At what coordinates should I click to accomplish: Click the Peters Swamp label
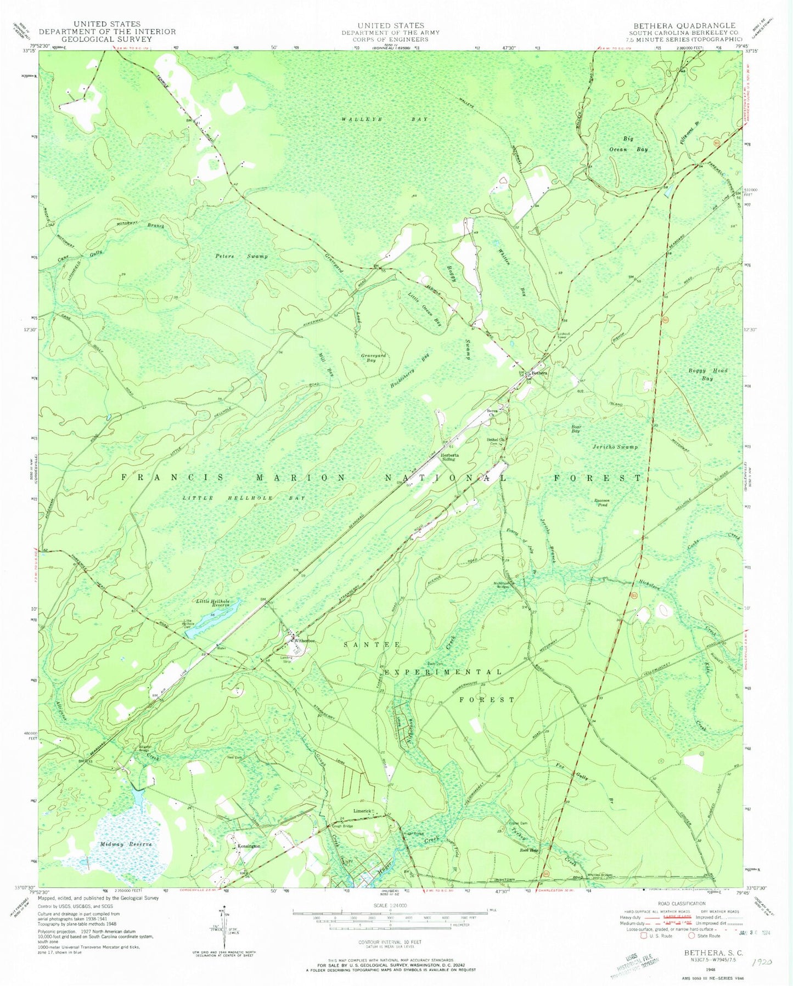pyautogui.click(x=241, y=256)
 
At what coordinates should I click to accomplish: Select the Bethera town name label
pyautogui.click(x=539, y=373)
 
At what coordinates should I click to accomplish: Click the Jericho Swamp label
pyautogui.click(x=615, y=447)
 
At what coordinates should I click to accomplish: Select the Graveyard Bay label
pyautogui.click(x=373, y=358)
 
